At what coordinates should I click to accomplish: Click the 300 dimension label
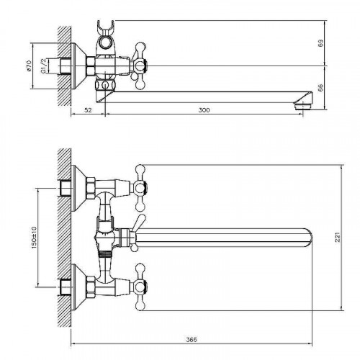(204, 110)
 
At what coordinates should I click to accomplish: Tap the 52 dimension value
(89, 110)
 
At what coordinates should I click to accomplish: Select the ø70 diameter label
(29, 66)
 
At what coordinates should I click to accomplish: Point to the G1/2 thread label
(44, 66)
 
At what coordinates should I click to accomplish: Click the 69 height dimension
(320, 43)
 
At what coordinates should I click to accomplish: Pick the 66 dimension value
(320, 88)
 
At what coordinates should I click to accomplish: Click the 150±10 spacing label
(34, 237)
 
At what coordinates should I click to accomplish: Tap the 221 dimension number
(338, 237)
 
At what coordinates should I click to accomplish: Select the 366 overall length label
(192, 340)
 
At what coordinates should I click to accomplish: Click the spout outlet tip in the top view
(303, 106)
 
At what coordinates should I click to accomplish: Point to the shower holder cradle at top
(105, 27)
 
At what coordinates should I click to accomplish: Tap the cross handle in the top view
(138, 66)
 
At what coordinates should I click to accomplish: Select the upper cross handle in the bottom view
(139, 187)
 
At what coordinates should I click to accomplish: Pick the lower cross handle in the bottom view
(139, 287)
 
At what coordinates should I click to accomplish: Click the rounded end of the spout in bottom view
(307, 238)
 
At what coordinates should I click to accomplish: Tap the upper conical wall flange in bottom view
(78, 188)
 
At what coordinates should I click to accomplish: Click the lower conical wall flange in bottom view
(78, 287)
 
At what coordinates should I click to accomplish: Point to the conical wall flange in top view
(78, 66)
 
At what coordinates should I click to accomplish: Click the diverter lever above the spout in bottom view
(138, 222)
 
